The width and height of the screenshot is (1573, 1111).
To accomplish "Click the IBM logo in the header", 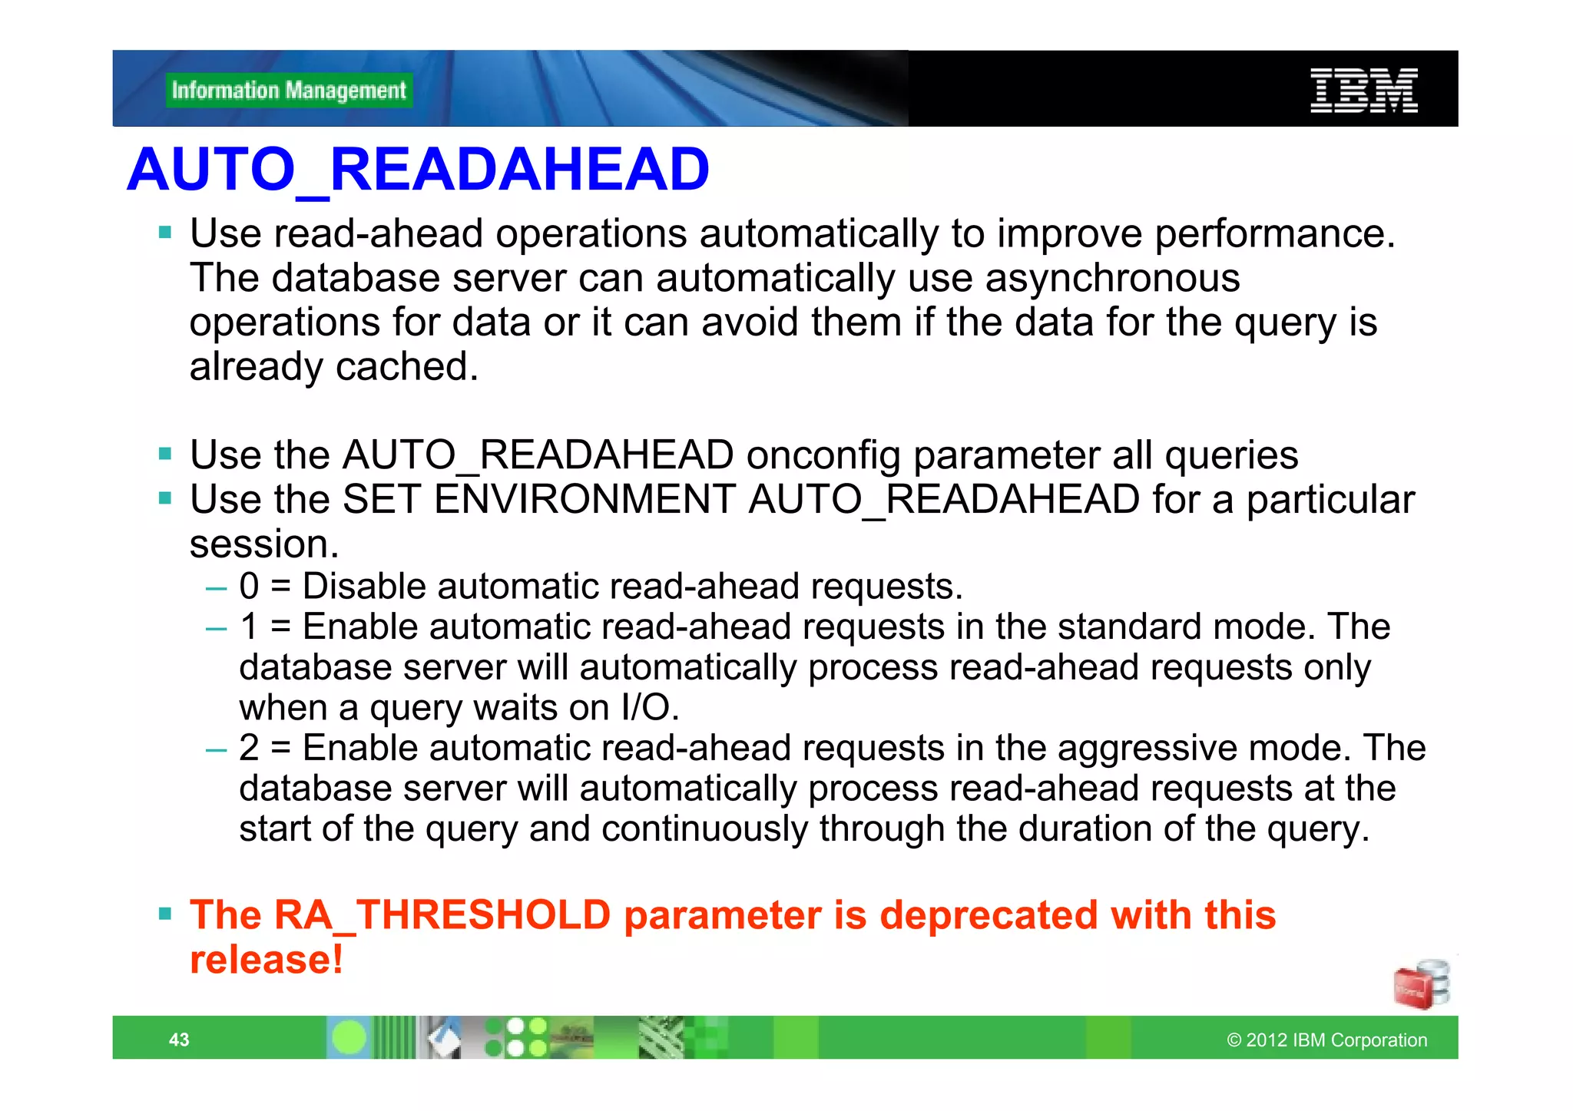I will [x=1363, y=91].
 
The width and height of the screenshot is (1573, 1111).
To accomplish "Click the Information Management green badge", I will [x=289, y=91].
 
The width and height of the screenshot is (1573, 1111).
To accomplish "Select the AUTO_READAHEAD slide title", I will [x=418, y=170].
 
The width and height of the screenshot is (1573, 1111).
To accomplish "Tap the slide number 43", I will [x=179, y=1040].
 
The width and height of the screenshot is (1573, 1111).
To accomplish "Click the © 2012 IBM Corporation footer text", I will [x=1326, y=1040].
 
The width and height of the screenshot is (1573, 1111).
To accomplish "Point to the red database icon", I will [x=1421, y=984].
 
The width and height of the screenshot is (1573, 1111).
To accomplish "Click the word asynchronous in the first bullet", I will [x=1112, y=278].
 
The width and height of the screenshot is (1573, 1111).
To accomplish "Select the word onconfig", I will [x=823, y=455].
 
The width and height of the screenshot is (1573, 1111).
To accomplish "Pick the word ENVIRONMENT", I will [x=584, y=500].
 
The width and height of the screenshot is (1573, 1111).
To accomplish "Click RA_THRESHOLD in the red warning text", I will [x=442, y=915].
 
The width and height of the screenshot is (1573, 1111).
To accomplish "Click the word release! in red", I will [x=266, y=960].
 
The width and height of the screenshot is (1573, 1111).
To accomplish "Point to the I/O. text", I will [x=650, y=708].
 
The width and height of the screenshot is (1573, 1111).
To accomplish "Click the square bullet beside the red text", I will [x=165, y=914].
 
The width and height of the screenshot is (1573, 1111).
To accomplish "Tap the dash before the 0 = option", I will [x=217, y=589].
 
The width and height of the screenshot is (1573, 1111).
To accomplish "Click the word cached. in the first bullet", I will [x=406, y=367].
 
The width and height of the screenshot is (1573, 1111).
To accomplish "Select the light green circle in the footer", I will [x=349, y=1038].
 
